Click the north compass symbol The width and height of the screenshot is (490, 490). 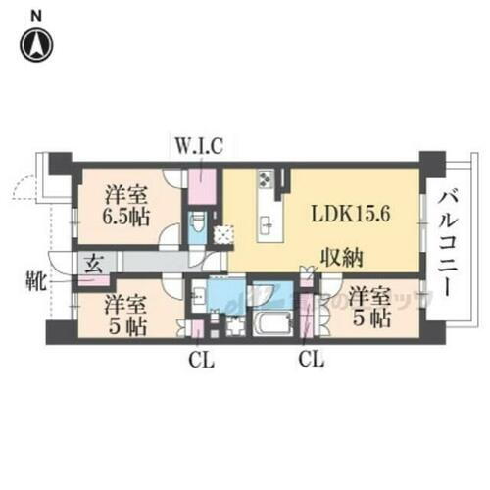pyautogui.click(x=37, y=44)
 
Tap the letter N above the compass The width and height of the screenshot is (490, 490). pyautogui.click(x=36, y=15)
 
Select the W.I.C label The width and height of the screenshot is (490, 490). pyautogui.click(x=200, y=147)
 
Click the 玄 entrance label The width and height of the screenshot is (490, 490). pyautogui.click(x=95, y=263)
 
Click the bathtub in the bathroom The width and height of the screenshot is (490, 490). pyautogui.click(x=266, y=323)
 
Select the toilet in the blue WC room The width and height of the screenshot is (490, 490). pyautogui.click(x=197, y=227)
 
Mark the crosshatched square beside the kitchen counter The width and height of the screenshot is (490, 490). pyautogui.click(x=225, y=233)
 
